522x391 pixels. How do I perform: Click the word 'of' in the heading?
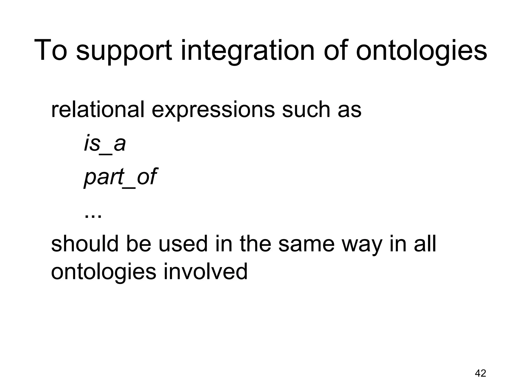(x=335, y=50)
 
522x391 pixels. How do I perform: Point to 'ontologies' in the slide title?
(x=421, y=51)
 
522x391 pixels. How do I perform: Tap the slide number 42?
(x=480, y=373)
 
